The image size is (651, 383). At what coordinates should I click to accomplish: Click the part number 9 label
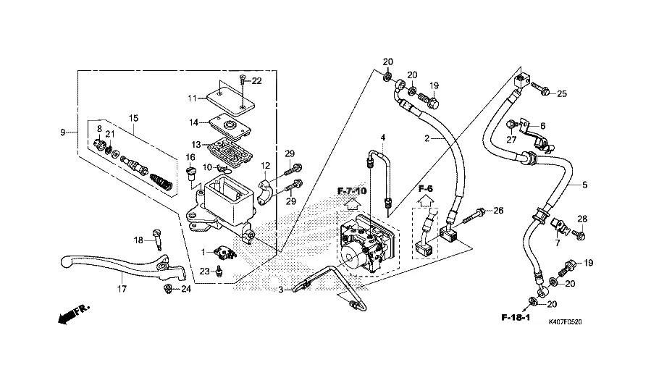[63, 132]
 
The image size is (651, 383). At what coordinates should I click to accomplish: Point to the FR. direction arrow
[71, 313]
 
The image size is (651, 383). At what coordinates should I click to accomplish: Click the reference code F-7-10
[353, 190]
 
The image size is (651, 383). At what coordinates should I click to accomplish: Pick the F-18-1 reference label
[516, 318]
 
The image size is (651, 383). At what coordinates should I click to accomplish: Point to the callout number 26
[497, 211]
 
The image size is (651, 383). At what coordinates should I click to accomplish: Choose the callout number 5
[585, 185]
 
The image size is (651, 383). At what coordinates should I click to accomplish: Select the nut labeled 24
[168, 290]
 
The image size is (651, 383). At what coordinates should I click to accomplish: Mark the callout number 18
[138, 240]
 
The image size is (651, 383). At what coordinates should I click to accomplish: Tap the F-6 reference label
[426, 189]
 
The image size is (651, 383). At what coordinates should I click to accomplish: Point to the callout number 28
[582, 219]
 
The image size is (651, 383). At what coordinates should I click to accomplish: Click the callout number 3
[282, 290]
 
